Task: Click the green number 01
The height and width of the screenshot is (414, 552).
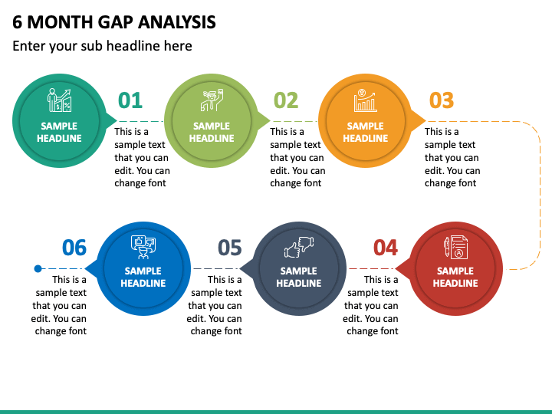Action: coord(130,100)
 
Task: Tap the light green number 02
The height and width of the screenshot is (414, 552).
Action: coord(286,100)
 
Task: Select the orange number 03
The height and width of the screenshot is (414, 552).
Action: coord(442,100)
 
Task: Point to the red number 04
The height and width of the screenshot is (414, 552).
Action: coord(386,248)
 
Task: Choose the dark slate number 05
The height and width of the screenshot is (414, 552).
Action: coord(230,248)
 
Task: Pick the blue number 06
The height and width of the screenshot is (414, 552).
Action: coord(74,248)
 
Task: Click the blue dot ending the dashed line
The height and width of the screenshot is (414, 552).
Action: coord(38,268)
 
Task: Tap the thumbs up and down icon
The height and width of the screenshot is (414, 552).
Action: coord(299,247)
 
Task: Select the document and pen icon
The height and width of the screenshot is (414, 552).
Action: coord(455,247)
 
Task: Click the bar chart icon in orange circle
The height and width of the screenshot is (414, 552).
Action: coord(366,100)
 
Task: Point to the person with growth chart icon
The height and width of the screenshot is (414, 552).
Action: coord(59,100)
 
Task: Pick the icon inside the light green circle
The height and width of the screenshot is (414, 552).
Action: coord(212,100)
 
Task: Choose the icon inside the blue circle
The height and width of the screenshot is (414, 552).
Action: coord(143,247)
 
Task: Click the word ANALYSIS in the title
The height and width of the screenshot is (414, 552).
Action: coord(177,22)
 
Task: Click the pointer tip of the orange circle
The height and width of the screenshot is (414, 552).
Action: coord(426,121)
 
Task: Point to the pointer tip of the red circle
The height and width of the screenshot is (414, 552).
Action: coord(395,268)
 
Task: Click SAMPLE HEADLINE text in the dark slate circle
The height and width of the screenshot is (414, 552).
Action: coord(299,277)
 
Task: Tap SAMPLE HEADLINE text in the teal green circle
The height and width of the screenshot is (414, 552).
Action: coord(59,132)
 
